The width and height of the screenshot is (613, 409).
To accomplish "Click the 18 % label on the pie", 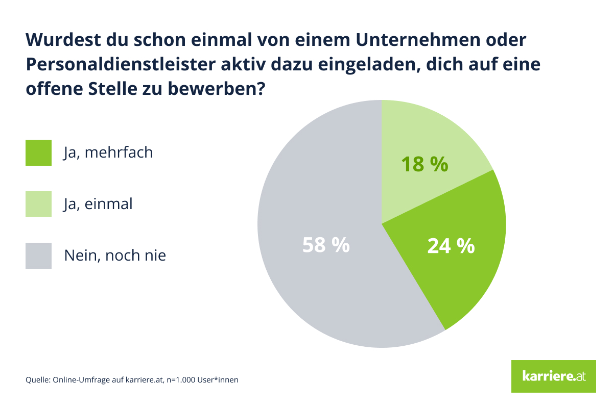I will [x=425, y=165].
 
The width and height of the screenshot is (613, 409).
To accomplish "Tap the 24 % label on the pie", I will [x=451, y=246].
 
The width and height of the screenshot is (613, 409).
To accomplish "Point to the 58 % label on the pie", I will [x=326, y=245].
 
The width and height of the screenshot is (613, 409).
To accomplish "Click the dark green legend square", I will [x=38, y=152].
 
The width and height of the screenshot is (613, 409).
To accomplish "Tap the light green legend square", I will [x=38, y=204].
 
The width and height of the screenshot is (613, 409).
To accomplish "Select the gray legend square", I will [x=38, y=255].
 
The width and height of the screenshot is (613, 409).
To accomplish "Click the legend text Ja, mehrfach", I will [x=108, y=152].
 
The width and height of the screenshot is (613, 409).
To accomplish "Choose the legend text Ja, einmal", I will [x=98, y=204].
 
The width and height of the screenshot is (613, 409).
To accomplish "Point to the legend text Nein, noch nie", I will [x=115, y=255].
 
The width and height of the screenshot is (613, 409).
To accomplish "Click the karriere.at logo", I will [x=553, y=376].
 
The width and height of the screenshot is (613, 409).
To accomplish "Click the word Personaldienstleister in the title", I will [x=120, y=65].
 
